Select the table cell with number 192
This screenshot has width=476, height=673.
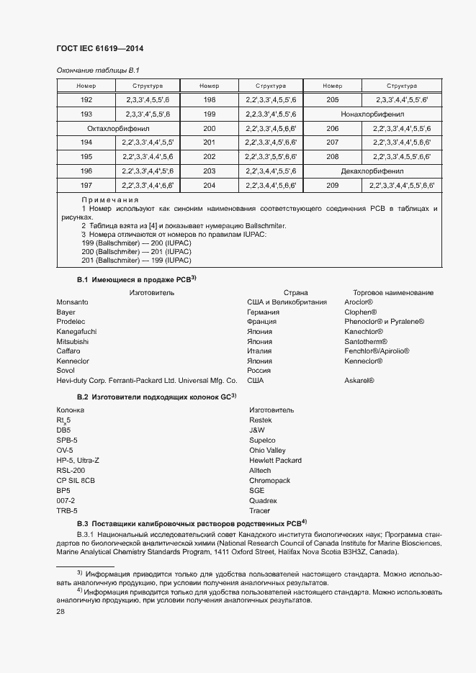coord(86,99)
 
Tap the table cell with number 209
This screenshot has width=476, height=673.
coord(333,185)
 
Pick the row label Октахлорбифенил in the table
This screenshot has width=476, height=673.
coord(117,128)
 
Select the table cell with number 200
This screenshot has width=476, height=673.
coord(210,128)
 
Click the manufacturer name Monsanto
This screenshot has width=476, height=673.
coord(72,302)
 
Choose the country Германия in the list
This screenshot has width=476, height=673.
coord(263,312)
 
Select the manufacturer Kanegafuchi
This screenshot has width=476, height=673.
coord(76,332)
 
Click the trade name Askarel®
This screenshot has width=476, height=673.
coord(359,380)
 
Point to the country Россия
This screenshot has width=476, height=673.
coord(259,370)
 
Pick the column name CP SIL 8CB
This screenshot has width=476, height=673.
coord(76,479)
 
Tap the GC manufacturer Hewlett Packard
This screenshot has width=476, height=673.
coord(275,460)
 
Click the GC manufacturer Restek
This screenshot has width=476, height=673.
coord(260,420)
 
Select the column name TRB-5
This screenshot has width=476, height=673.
coord(67,510)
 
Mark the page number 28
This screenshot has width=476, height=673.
coord(60,611)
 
